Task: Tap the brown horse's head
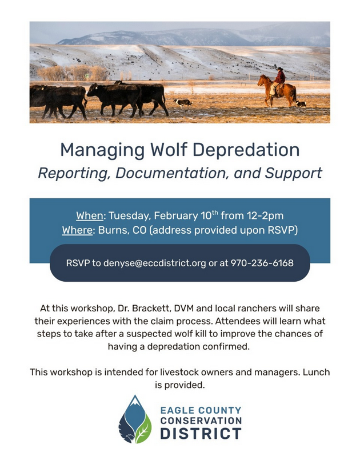click(x=262, y=81)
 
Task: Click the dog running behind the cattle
click(x=182, y=103)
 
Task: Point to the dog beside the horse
click(x=301, y=103)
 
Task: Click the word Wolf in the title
click(x=169, y=150)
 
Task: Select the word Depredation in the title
click(x=246, y=150)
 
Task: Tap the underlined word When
click(x=89, y=215)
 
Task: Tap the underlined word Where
click(x=77, y=230)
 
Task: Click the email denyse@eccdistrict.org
click(x=154, y=263)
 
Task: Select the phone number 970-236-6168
click(x=262, y=263)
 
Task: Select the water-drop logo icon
click(x=135, y=419)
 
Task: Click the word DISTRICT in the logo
click(x=201, y=433)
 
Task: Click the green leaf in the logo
click(x=143, y=429)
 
